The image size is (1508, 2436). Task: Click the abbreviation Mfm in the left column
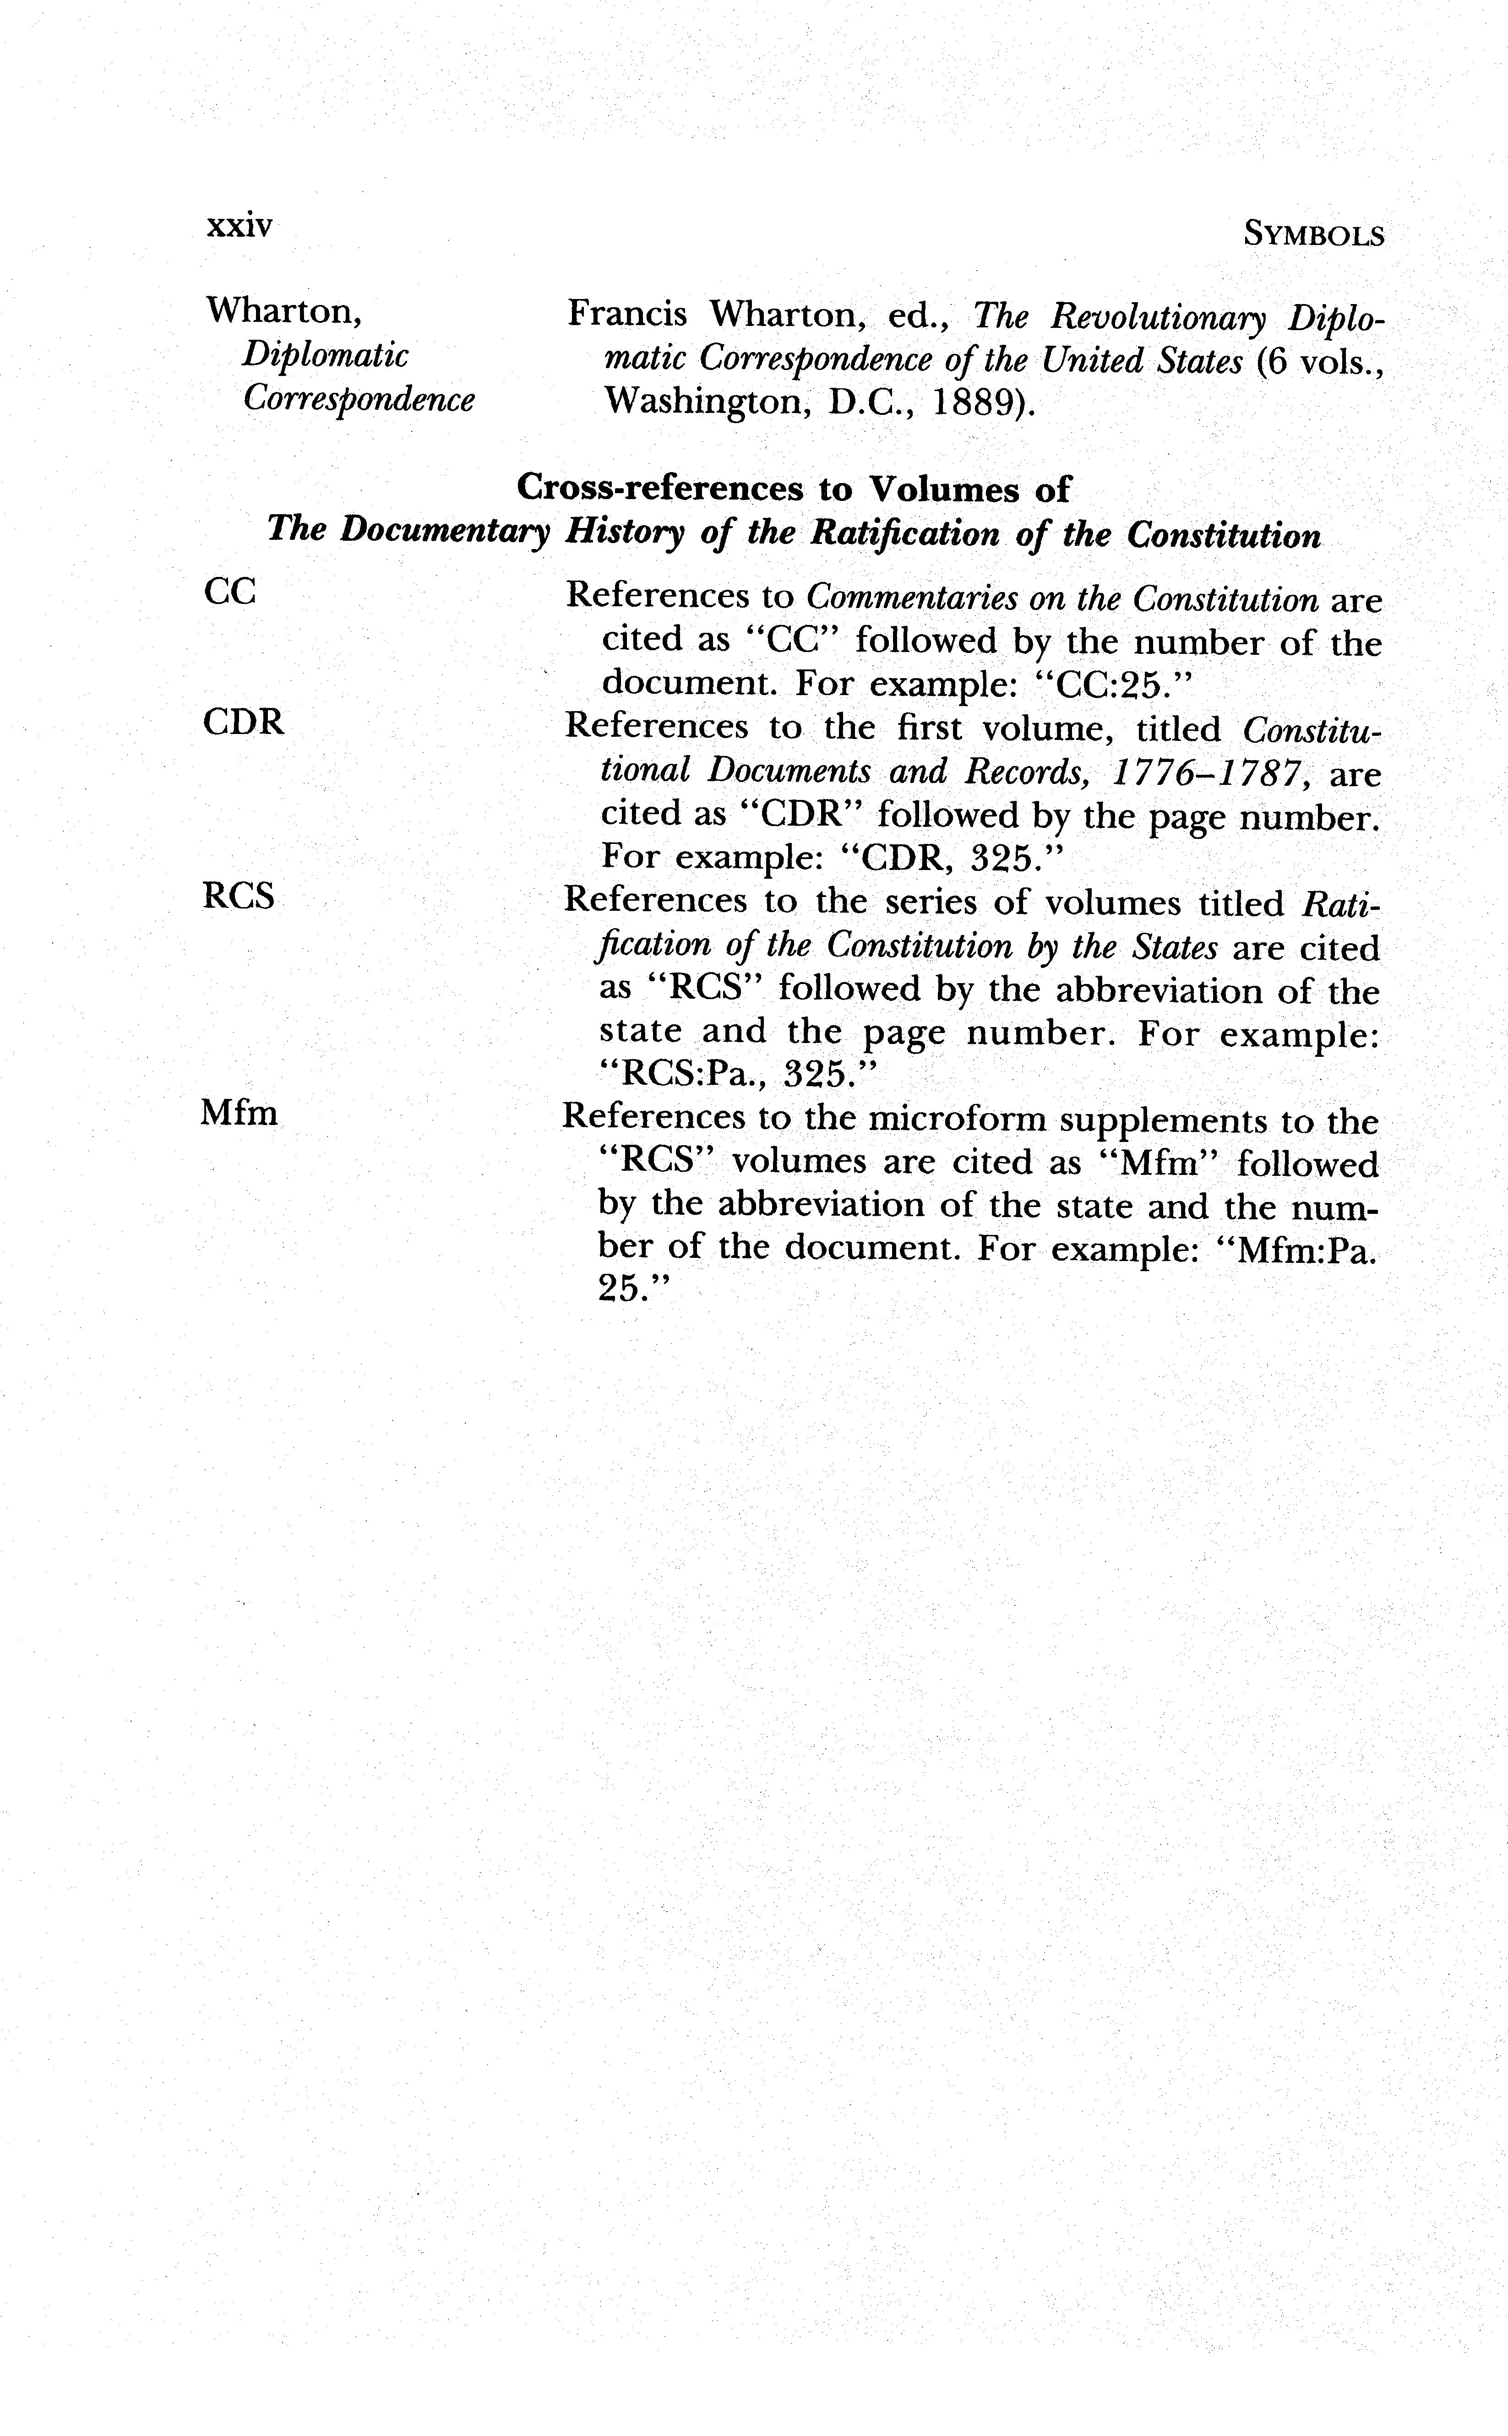pos(240,1112)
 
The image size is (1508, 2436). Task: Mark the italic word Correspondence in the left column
pos(359,399)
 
